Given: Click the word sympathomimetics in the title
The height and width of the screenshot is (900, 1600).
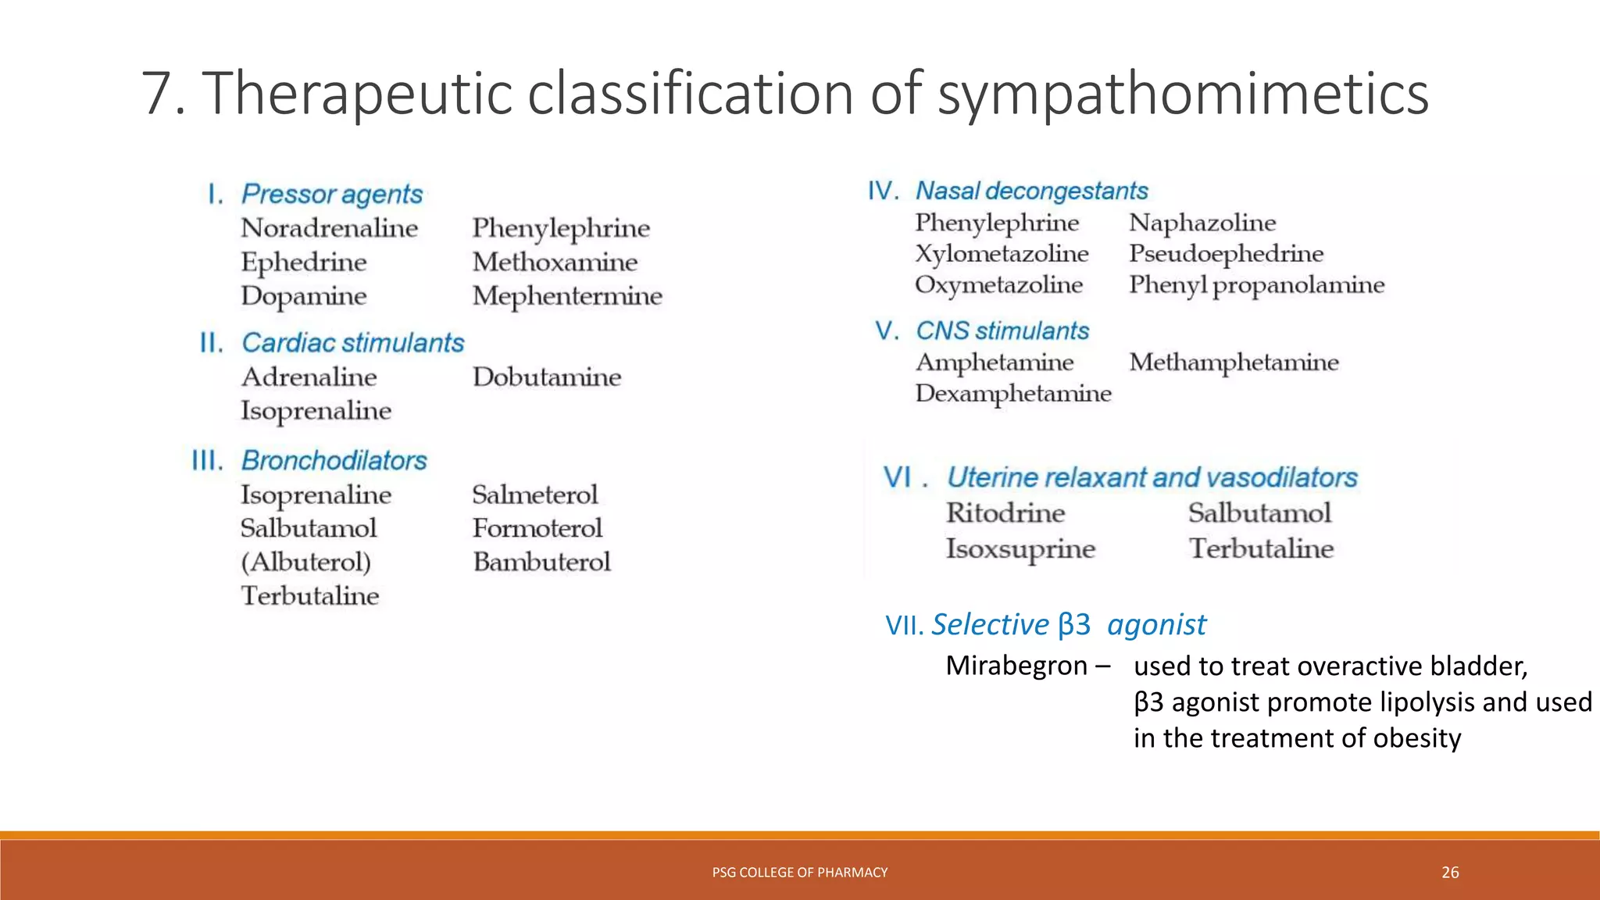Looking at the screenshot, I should click(x=1183, y=94).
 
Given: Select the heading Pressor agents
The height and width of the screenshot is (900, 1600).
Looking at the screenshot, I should click(x=332, y=194).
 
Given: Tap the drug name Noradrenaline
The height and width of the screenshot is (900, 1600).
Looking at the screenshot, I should click(x=329, y=228).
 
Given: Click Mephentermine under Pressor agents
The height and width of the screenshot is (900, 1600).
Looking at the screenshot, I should click(x=567, y=296).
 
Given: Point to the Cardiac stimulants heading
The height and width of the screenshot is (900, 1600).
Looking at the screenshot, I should click(x=352, y=343).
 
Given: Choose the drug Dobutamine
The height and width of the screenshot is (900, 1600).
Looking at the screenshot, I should click(x=547, y=377).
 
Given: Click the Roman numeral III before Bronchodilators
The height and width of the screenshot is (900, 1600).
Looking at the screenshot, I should click(x=207, y=461).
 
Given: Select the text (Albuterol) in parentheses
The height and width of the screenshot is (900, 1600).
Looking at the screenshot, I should click(x=305, y=562).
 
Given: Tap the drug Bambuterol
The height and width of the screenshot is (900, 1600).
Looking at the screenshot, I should click(x=541, y=562).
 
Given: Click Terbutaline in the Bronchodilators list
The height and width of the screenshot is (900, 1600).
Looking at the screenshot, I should click(x=309, y=596).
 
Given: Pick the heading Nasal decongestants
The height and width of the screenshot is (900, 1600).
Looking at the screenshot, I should click(x=1031, y=191).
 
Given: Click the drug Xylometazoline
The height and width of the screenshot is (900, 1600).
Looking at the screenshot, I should click(x=1002, y=254).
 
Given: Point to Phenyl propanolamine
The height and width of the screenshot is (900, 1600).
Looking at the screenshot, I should click(x=1256, y=285).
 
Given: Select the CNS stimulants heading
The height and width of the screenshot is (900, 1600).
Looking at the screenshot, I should click(x=1002, y=331).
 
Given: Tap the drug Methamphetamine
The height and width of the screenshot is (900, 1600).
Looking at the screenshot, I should click(x=1234, y=362).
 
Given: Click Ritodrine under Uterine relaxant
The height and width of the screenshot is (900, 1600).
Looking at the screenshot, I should click(x=1005, y=513).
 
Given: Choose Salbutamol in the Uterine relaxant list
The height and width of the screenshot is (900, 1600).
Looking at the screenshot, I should click(x=1259, y=513).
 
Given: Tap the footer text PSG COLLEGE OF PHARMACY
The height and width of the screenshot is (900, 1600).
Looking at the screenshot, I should click(x=799, y=873).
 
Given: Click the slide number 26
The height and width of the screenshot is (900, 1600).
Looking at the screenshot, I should click(x=1450, y=873).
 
